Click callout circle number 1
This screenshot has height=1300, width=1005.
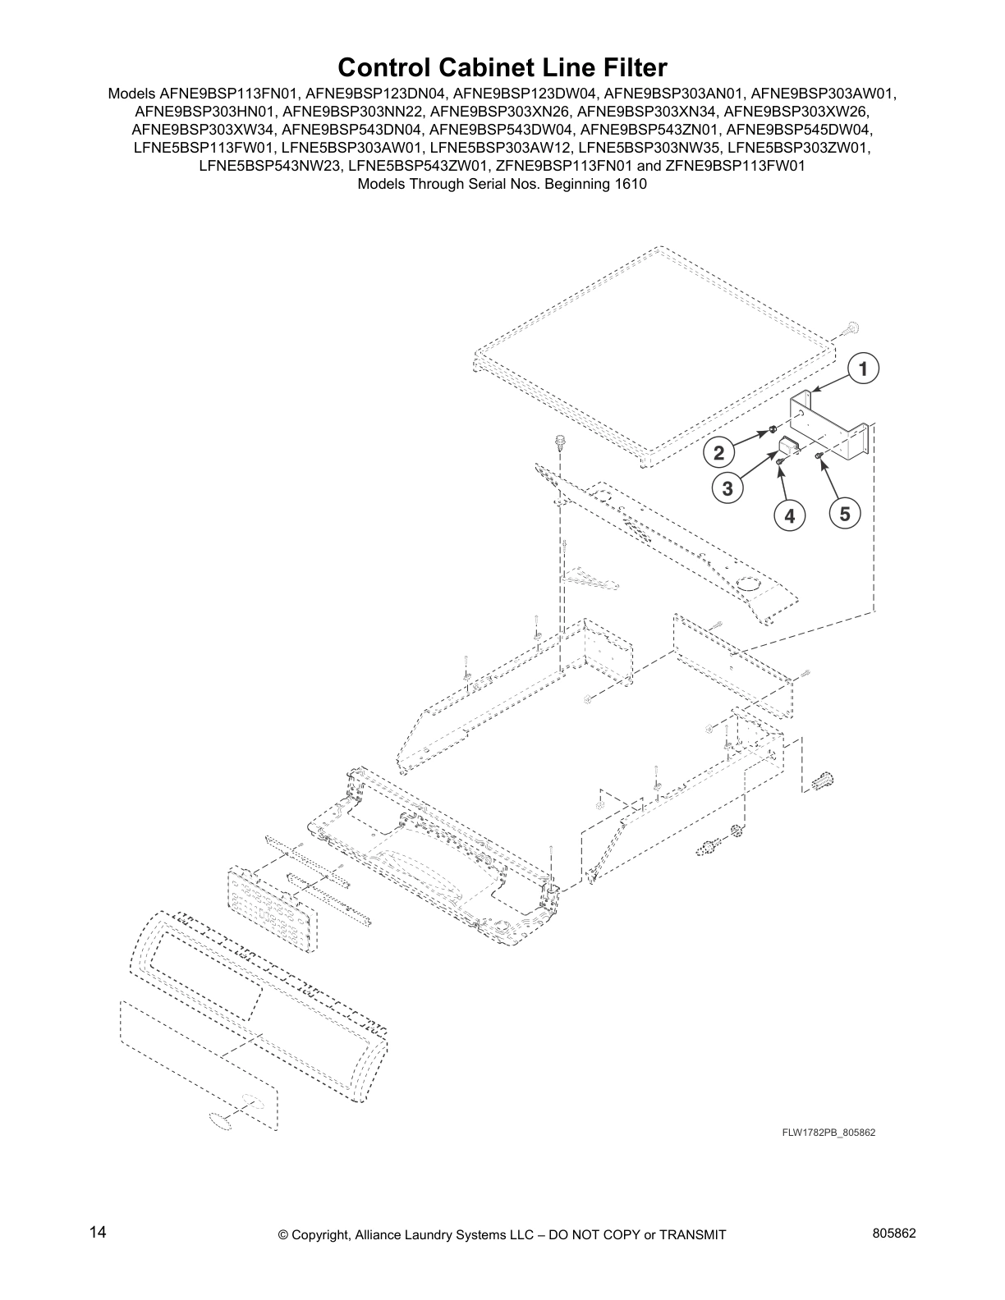(x=863, y=369)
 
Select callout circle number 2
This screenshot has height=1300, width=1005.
(x=718, y=452)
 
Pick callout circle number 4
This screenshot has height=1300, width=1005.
(x=789, y=516)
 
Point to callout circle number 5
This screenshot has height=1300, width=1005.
(x=844, y=515)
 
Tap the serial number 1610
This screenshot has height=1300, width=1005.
(x=631, y=184)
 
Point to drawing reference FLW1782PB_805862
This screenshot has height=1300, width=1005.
(x=828, y=1133)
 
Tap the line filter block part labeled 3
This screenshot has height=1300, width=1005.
(x=788, y=448)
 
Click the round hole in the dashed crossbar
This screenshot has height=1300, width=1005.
(x=749, y=584)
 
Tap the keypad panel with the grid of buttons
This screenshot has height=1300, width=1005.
(x=270, y=910)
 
